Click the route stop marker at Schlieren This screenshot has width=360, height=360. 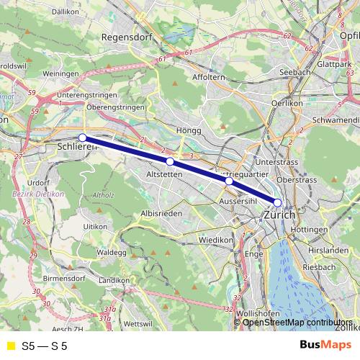[x=83, y=137]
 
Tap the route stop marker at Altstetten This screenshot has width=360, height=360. [x=170, y=162]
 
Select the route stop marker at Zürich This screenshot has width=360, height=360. [x=278, y=202]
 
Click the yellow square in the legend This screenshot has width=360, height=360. [x=10, y=346]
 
